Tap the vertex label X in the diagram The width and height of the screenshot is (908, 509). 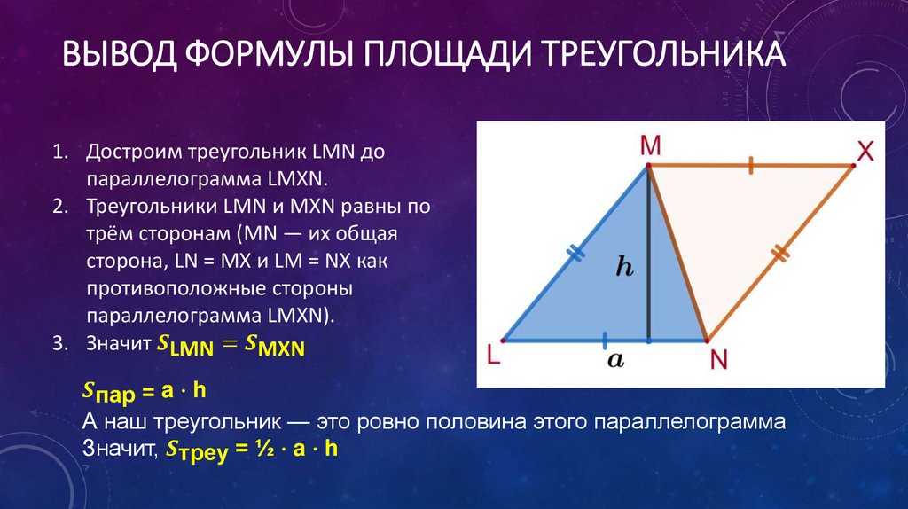(x=865, y=150)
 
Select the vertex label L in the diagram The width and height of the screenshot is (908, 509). (x=493, y=355)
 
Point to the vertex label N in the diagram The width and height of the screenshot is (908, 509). (x=718, y=359)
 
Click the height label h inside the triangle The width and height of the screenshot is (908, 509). (x=625, y=268)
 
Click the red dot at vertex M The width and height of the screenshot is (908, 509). (x=648, y=165)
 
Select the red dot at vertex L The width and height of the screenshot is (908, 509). (x=503, y=340)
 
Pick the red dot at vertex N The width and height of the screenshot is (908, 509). (x=707, y=340)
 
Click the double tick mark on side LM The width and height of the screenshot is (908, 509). (x=576, y=254)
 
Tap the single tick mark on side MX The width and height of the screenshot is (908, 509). (x=750, y=165)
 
